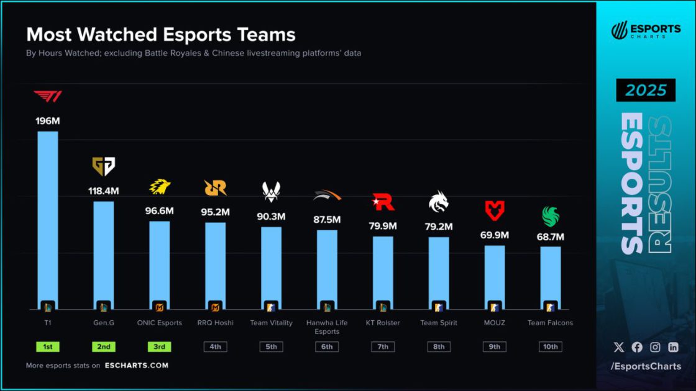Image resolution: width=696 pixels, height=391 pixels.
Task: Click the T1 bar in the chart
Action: [x=48, y=217]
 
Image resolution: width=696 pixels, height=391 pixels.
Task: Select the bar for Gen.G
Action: [x=104, y=254]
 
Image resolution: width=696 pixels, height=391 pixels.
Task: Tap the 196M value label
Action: [x=47, y=120]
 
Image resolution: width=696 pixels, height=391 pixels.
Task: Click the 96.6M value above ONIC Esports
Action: [x=160, y=211]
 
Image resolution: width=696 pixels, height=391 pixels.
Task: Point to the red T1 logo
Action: [x=47, y=97]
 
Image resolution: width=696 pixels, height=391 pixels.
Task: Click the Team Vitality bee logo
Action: [x=271, y=191]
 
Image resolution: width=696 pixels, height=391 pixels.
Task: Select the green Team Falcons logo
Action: [x=550, y=217]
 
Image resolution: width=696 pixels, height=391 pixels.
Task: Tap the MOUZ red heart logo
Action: [x=495, y=210]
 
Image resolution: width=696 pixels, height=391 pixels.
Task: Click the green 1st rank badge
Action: [x=48, y=347]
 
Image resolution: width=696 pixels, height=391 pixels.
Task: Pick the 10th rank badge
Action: [x=550, y=347]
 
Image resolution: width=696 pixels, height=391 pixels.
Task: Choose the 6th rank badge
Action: [x=327, y=347]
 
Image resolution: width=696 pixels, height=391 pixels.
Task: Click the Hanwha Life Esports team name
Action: [x=327, y=327]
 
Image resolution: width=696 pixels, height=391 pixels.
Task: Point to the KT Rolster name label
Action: [x=383, y=323]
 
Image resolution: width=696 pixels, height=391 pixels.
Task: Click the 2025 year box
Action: [x=646, y=91]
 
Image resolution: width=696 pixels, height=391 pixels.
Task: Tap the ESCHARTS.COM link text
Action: [x=136, y=366]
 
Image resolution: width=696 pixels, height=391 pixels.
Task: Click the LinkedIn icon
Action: [x=673, y=348]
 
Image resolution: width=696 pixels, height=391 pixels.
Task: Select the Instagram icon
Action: [x=655, y=348]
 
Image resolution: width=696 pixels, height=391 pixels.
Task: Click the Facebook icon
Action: [x=637, y=348]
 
